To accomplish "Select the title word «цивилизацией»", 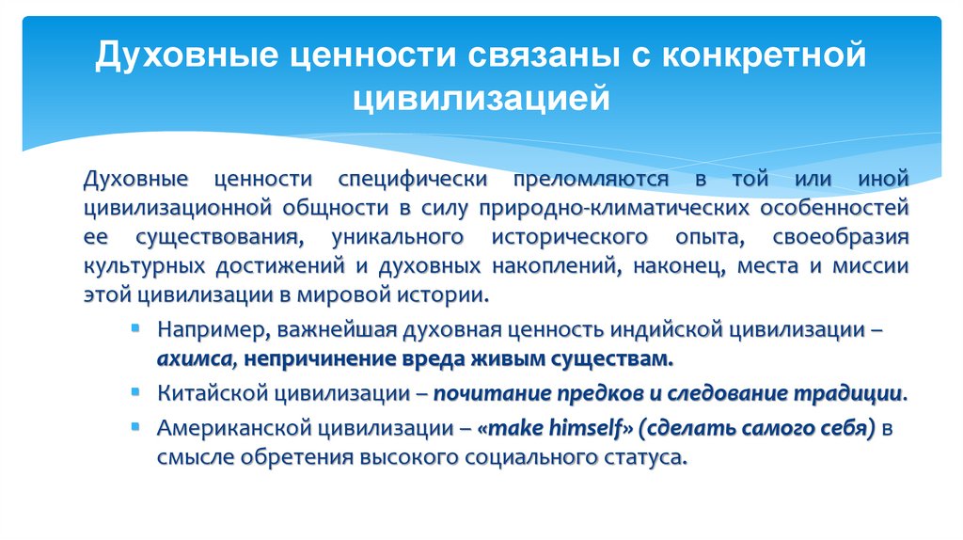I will point(481,98).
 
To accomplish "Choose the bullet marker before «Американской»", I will point(137,428).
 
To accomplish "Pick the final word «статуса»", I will point(649,458).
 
